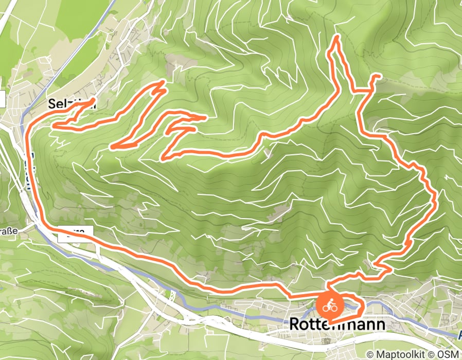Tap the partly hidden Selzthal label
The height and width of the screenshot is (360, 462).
tap(72, 103)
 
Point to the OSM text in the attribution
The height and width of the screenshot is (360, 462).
tap(449, 355)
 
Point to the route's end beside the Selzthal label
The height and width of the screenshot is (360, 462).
tap(94, 100)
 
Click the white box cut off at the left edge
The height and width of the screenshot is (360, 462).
tap(2, 99)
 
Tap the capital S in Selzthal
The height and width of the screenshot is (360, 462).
tap(51, 103)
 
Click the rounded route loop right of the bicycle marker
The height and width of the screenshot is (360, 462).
tap(358, 308)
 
